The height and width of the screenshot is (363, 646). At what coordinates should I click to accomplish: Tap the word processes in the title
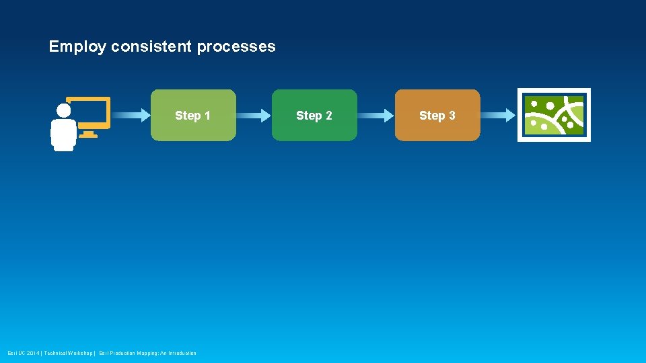(236, 47)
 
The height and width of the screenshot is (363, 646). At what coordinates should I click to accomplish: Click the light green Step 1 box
(193, 128)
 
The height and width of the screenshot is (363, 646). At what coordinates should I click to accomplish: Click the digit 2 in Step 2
(328, 116)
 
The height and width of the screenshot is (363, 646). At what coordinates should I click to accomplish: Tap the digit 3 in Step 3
(452, 116)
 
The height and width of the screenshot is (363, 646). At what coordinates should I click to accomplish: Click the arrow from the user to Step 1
(131, 116)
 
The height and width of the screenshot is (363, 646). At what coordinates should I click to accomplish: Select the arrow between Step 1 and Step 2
(254, 116)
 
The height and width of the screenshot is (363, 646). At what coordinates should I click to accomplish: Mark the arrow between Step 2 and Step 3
(375, 116)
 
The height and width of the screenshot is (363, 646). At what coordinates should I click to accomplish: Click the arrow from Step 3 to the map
(498, 116)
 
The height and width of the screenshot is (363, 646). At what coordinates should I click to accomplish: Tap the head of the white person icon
(64, 110)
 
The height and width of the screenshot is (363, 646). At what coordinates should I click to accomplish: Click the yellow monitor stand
(88, 134)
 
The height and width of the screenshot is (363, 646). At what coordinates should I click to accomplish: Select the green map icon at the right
(554, 115)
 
